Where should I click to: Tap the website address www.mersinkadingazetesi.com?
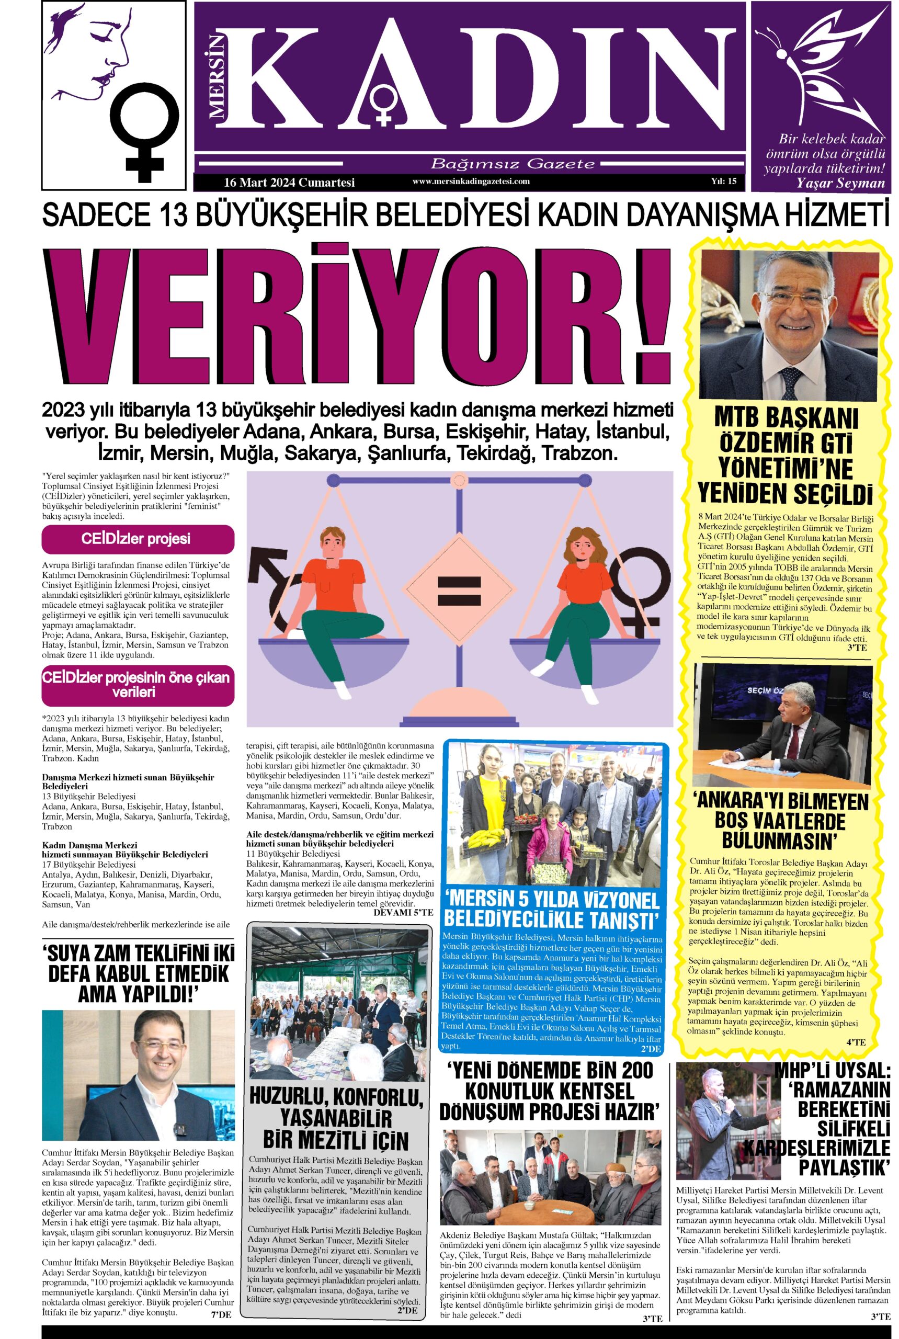(x=471, y=181)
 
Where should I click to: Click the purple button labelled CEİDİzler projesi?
(x=138, y=539)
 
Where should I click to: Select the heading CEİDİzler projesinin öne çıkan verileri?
(x=138, y=685)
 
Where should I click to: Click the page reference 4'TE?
(x=856, y=1041)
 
